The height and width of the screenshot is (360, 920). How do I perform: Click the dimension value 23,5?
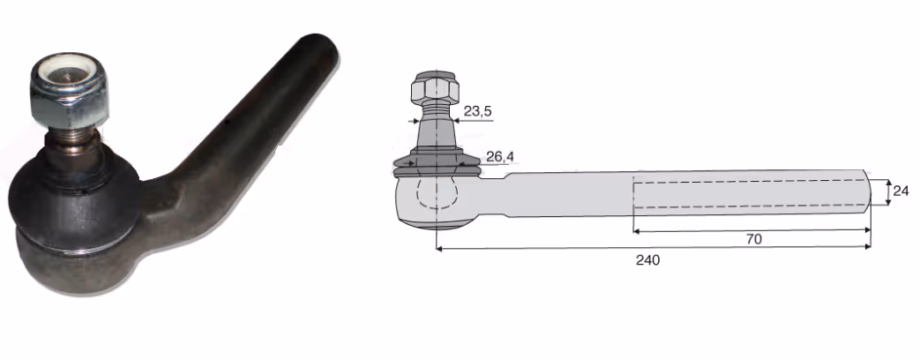tap(477, 111)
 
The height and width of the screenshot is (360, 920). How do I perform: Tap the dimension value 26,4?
tap(500, 157)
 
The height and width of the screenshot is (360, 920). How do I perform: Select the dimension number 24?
tap(901, 191)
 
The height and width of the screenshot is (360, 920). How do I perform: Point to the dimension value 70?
tap(754, 239)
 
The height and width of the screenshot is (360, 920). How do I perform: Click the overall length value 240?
tap(647, 259)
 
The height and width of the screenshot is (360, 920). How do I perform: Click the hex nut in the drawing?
tap(435, 87)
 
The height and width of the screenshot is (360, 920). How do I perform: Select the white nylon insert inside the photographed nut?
tap(65, 71)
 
